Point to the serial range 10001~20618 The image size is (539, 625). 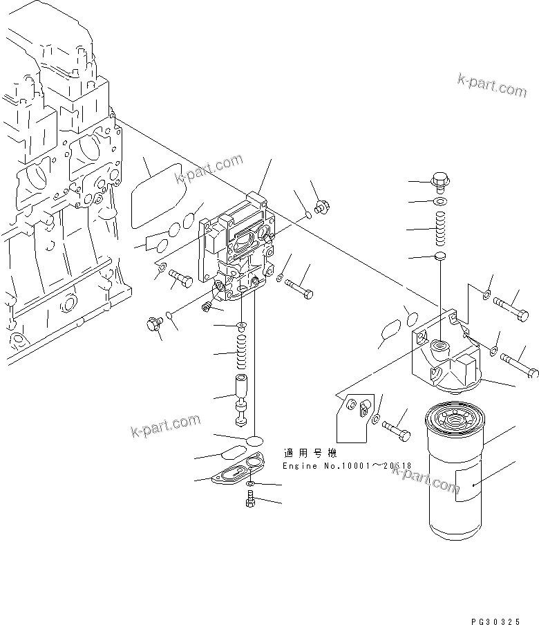377,466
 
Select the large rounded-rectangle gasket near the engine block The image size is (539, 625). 155,194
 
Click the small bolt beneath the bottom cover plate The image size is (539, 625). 250,500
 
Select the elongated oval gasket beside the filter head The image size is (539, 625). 391,330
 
